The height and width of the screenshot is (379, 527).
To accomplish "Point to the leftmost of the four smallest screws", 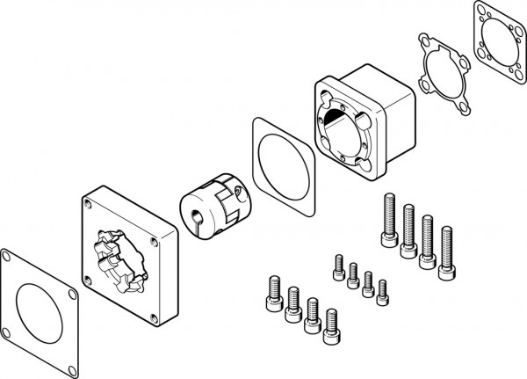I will pos(337,266).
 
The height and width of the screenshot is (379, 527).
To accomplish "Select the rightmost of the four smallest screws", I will pos(381,290).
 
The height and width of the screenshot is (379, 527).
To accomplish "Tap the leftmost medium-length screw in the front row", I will pos(271,295).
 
